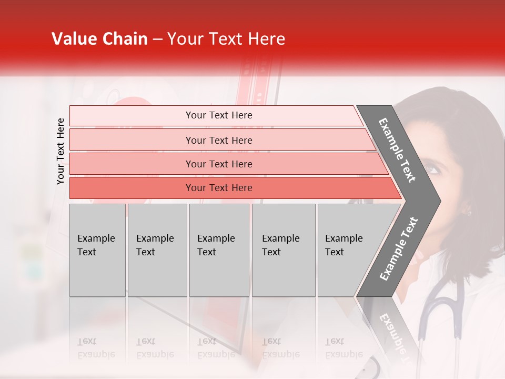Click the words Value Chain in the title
99,39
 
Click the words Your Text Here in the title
226,39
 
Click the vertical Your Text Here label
60,151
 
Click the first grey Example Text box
97,250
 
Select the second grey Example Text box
157,250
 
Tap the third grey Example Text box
219,250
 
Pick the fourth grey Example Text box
283,250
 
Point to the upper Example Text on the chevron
398,150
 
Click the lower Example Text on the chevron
399,248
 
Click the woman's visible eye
432,169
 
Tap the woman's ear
466,211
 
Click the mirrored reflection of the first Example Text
96,347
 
